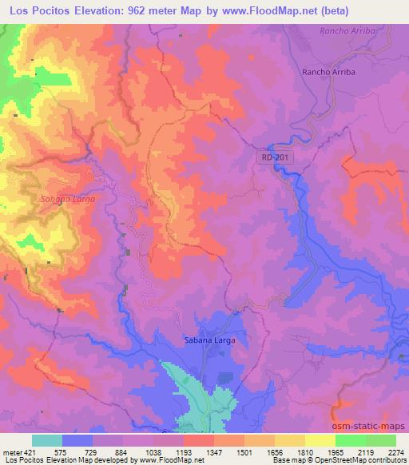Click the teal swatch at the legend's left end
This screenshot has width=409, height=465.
pyautogui.click(x=47, y=440)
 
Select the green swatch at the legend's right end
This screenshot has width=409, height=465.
pyautogui.click(x=381, y=440)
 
